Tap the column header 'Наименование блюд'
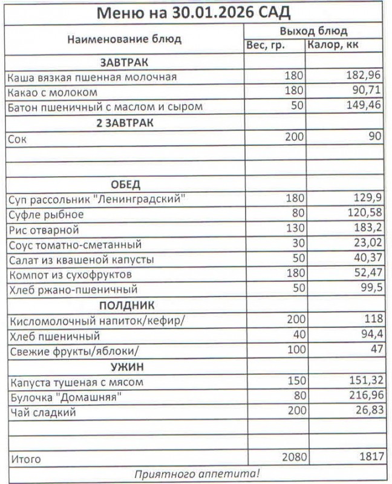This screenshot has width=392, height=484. tap(124, 39)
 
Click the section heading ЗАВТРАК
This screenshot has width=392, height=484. tap(124, 62)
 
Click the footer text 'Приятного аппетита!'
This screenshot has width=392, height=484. tap(196, 474)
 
